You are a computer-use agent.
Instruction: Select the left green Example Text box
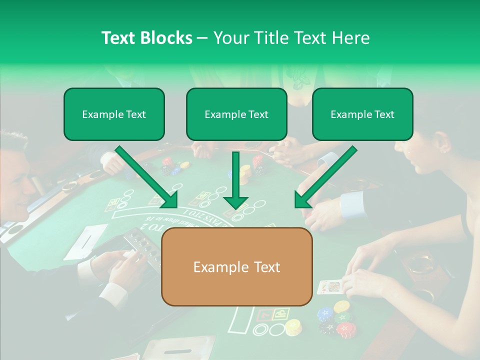pyautogui.click(x=114, y=114)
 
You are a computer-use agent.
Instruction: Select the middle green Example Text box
pyautogui.click(x=236, y=114)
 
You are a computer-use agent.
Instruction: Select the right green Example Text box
pyautogui.click(x=362, y=114)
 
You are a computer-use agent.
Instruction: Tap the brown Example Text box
pyautogui.click(x=236, y=267)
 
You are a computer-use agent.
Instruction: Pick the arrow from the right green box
pyautogui.click(x=325, y=177)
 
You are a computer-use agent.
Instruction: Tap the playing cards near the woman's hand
pyautogui.click(x=328, y=287)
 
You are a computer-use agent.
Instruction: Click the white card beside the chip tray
pyautogui.click(x=86, y=240)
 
